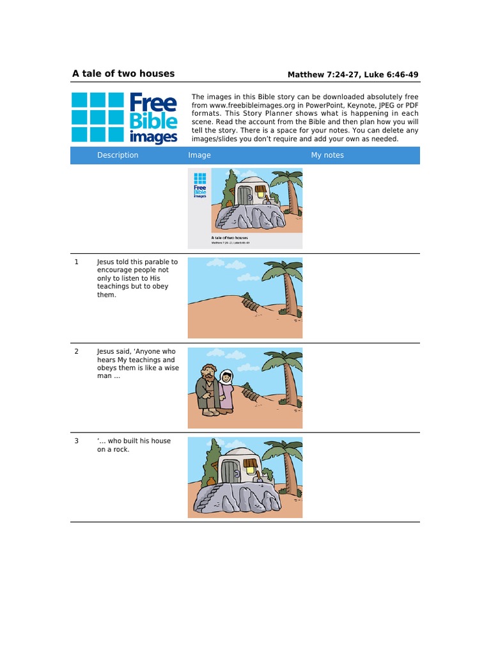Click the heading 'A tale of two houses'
coord(123,74)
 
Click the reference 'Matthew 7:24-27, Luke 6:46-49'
coord(353,75)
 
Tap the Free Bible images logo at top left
coord(125,118)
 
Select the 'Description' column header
coord(118,155)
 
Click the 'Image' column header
coord(199,155)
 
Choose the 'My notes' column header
coord(327,155)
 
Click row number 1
coord(77,262)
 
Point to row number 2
coord(77,352)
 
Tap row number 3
coord(77,441)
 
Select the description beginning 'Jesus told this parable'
coord(137,278)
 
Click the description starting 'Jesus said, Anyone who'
coord(137,364)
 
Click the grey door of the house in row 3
coord(229,473)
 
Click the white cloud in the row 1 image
coord(216,263)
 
